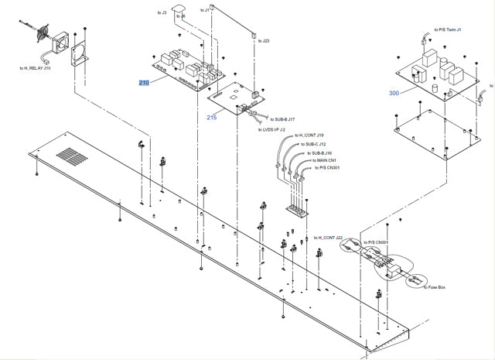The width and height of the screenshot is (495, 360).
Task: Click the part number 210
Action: [144, 82]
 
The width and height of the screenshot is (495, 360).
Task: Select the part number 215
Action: [212, 117]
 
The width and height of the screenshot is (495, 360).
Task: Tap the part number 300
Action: [394, 93]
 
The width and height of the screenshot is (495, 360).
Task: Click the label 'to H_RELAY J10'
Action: [36, 68]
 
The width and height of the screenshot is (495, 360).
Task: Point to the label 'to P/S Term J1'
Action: [448, 29]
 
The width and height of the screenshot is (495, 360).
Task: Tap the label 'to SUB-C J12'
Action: [313, 145]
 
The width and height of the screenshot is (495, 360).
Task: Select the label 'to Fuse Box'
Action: [439, 286]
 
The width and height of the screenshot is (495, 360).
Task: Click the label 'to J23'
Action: [264, 41]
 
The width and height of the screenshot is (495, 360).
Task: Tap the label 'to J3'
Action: [162, 13]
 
